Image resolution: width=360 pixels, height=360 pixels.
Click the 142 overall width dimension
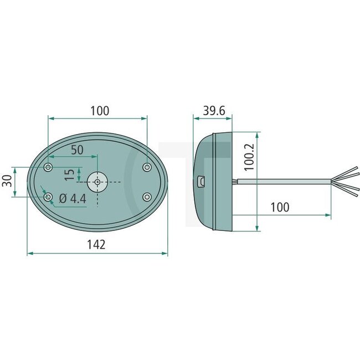coord(96,244)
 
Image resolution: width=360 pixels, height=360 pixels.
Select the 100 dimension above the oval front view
coord(99,111)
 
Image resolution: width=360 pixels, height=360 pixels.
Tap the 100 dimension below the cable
coord(280,207)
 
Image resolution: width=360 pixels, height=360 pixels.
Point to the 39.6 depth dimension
coord(213,111)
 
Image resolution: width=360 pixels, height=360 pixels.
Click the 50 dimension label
coord(76,150)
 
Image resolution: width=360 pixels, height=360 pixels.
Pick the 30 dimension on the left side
coord(7,181)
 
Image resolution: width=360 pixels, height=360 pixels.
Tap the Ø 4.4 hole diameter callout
coord(72,198)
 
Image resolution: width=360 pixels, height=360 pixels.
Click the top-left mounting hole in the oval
coord(49,167)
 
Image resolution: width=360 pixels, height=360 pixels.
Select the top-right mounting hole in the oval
coord(147,167)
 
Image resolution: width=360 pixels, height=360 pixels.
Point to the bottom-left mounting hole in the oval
coord(49,197)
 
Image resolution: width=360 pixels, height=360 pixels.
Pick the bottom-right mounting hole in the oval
coord(147,197)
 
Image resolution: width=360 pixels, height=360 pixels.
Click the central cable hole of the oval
coord(97,182)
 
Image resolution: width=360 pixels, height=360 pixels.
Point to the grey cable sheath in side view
coord(282,181)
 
